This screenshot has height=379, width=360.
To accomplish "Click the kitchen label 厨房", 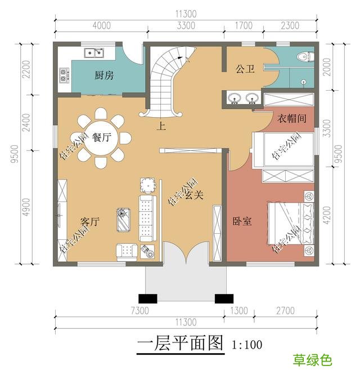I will (104, 75).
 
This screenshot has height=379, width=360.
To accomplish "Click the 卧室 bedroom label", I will (242, 221).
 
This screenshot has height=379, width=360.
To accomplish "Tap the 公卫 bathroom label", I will (245, 69).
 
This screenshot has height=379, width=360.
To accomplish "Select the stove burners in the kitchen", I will (63, 74).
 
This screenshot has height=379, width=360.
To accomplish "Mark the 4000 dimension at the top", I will (101, 25).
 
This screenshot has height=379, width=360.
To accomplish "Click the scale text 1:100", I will (247, 344).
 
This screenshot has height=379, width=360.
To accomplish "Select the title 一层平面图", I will (179, 344).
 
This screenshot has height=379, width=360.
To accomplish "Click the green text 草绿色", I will (312, 360).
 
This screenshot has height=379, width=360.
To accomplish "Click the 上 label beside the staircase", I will (161, 127).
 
